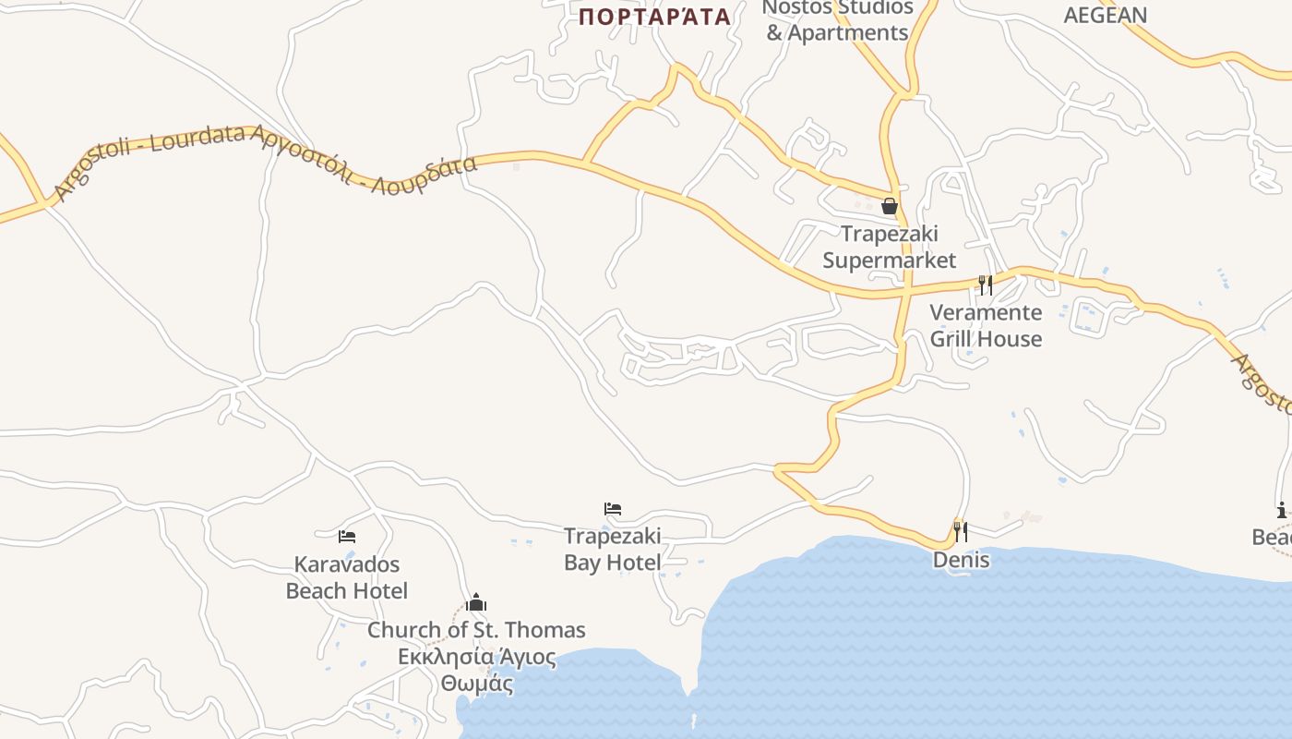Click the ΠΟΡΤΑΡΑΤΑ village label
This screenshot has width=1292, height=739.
pyautogui.click(x=654, y=17)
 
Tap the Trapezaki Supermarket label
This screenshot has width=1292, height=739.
pyautogui.click(x=890, y=247)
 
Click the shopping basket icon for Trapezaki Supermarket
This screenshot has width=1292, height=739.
pyautogui.click(x=890, y=206)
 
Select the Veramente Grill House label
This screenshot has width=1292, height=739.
pyautogui.click(x=986, y=325)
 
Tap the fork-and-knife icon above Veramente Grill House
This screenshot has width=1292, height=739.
pyautogui.click(x=986, y=285)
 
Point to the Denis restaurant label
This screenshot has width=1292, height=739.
pyautogui.click(x=961, y=560)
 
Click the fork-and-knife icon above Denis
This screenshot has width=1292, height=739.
pyautogui.click(x=961, y=531)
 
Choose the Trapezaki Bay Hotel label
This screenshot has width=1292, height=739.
pyautogui.click(x=613, y=550)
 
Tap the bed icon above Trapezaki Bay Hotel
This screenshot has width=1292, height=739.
pyautogui.click(x=613, y=509)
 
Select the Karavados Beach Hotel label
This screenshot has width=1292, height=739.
pyautogui.click(x=347, y=577)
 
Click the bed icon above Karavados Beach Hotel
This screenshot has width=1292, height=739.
pyautogui.click(x=347, y=536)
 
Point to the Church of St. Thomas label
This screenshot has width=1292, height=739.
pyautogui.click(x=476, y=630)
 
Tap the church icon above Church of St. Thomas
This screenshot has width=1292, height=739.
pyautogui.click(x=476, y=603)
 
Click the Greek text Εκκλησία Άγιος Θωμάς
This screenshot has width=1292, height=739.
pyautogui.click(x=476, y=671)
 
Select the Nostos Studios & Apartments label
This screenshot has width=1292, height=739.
pyautogui.click(x=837, y=20)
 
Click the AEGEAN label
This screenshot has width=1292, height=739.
pyautogui.click(x=1105, y=15)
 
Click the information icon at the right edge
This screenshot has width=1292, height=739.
pyautogui.click(x=1281, y=510)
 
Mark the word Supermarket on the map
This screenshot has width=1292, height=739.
pyautogui.click(x=890, y=260)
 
